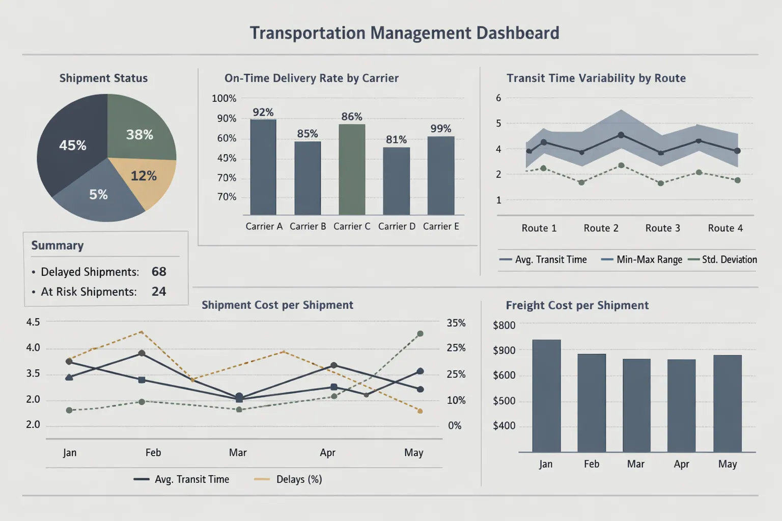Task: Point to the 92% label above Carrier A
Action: [x=263, y=112]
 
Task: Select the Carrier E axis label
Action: [x=441, y=226]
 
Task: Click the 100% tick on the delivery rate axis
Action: [x=224, y=98]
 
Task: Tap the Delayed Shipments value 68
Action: [x=159, y=272]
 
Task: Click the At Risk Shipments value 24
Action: [x=159, y=292]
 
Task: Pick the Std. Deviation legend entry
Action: [x=723, y=259]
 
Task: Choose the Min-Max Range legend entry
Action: [x=643, y=259]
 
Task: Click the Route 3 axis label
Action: [x=662, y=228]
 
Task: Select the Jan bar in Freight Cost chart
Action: [x=546, y=395]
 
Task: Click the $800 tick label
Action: [x=504, y=325]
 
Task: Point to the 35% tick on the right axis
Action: [x=456, y=323]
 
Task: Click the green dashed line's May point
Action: [x=420, y=334]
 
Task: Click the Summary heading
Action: [x=58, y=245]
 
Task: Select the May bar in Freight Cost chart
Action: [x=727, y=403]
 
